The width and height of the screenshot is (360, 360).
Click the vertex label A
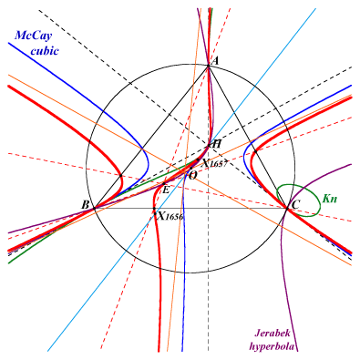click(x=215, y=61)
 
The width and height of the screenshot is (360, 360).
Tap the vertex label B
click(x=86, y=205)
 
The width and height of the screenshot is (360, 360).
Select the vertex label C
click(x=295, y=205)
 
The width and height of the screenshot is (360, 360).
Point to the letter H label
click(x=216, y=144)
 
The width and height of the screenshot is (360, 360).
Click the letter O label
click(x=193, y=175)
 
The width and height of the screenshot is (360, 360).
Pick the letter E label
click(x=166, y=190)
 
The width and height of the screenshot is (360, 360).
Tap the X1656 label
click(x=171, y=216)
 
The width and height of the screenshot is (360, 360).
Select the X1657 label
click(x=215, y=164)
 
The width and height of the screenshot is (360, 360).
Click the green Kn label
click(x=330, y=199)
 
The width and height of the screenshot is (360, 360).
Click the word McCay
click(x=34, y=36)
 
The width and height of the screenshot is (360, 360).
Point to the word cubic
click(x=45, y=50)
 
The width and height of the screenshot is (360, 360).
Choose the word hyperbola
click(x=273, y=346)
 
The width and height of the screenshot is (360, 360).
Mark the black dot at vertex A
click(x=208, y=66)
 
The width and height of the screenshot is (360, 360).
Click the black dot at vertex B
click(x=95, y=208)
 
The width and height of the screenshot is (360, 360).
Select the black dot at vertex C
click(x=287, y=208)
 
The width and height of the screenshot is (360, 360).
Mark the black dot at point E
click(x=164, y=184)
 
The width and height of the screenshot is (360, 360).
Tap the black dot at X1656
click(x=154, y=209)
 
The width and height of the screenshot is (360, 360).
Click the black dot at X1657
click(x=198, y=159)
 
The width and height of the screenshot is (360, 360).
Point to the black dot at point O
click(x=190, y=168)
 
